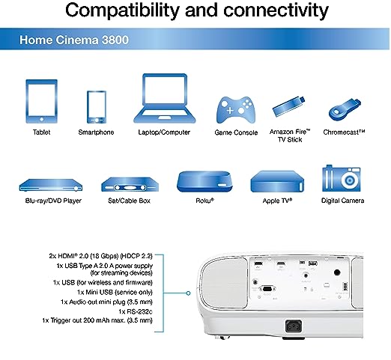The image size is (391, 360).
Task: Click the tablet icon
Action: [x=42, y=101]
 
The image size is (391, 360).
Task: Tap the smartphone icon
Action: [x=97, y=107]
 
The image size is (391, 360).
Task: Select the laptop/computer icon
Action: [x=165, y=98]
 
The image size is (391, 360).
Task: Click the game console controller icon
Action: [x=236, y=110]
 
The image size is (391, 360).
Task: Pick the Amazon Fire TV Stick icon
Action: [x=289, y=106]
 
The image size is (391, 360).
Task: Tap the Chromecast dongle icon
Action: [x=345, y=110]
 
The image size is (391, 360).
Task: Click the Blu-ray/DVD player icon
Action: [x=51, y=185]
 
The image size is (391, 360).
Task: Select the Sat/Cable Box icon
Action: [x=130, y=184]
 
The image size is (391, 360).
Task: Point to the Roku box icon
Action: [x=204, y=181]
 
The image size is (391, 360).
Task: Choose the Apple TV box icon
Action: [x=277, y=181]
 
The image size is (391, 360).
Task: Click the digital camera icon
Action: [x=342, y=178]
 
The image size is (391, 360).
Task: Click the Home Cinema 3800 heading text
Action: [x=74, y=40]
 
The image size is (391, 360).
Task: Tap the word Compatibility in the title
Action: [x=122, y=10]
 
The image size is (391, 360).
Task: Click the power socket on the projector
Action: [x=294, y=326]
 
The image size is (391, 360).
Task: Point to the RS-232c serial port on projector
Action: [x=267, y=289]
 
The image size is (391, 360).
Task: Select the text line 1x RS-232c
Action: [x=136, y=311]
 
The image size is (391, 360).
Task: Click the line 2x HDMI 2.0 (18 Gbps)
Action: [x=100, y=256]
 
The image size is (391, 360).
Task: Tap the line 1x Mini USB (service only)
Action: [x=115, y=292]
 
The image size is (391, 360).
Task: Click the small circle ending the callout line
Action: [x=189, y=293]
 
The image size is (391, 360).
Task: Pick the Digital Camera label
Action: [x=342, y=201]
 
